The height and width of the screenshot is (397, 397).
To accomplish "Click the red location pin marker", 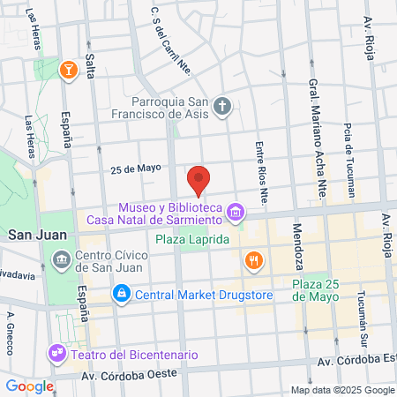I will (199, 180).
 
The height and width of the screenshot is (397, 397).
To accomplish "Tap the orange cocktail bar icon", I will (67, 70).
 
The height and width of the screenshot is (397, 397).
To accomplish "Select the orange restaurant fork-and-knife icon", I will (253, 259).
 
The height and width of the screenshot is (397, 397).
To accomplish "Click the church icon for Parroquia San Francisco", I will (223, 108).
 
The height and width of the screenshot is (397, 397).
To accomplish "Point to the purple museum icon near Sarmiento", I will (235, 212).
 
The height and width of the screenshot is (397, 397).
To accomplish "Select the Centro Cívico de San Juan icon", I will (63, 258).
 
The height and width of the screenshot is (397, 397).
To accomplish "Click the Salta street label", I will (90, 67).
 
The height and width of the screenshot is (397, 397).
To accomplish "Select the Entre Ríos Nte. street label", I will (260, 174).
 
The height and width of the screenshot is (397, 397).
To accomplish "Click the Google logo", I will (29, 386).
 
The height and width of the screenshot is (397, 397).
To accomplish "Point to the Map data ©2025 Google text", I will (342, 390).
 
